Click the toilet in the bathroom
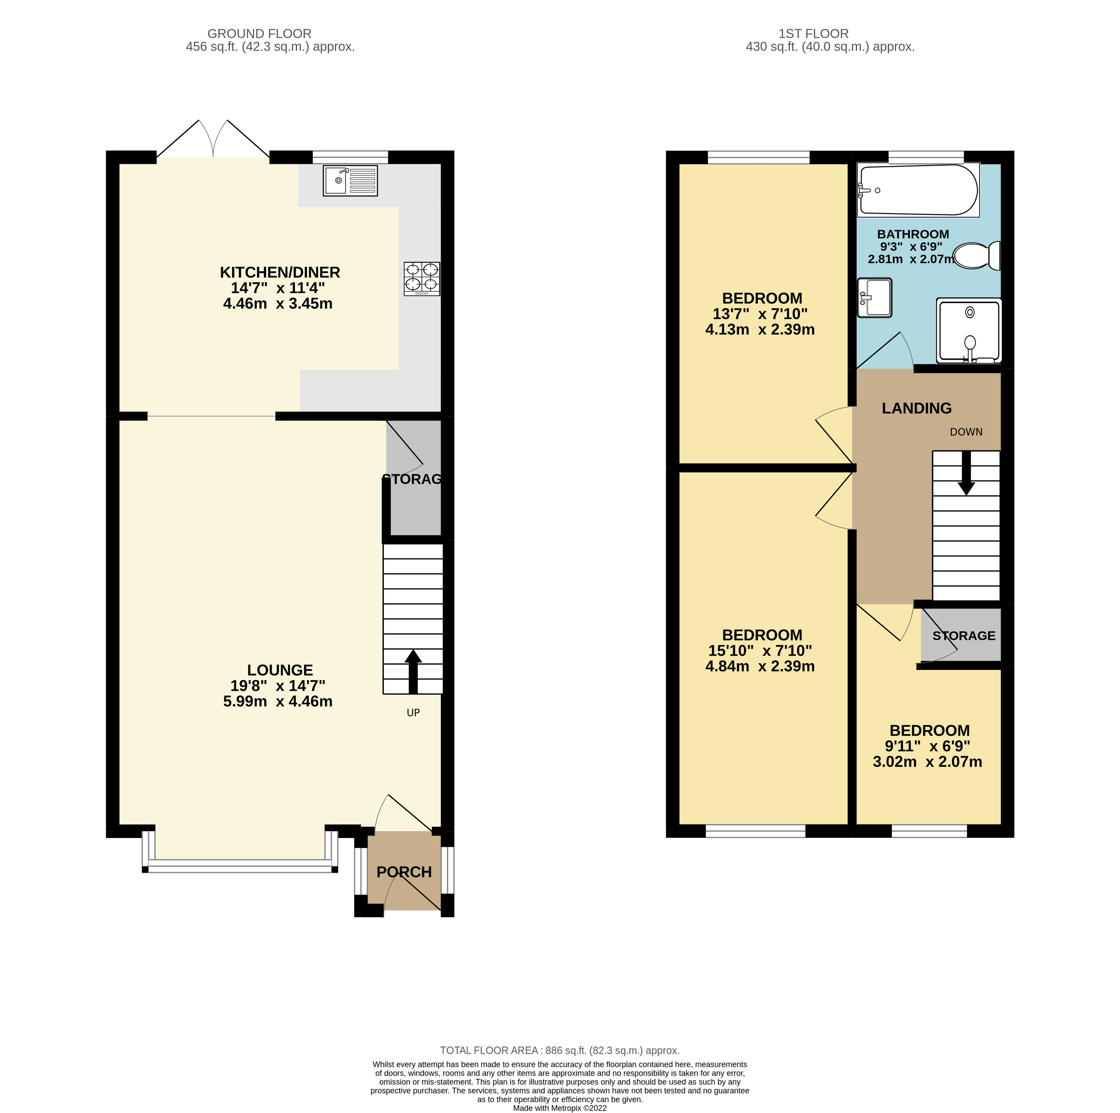[976, 255]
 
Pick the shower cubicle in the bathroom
[969, 331]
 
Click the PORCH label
[404, 872]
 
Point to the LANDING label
[916, 408]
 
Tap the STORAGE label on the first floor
[964, 636]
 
